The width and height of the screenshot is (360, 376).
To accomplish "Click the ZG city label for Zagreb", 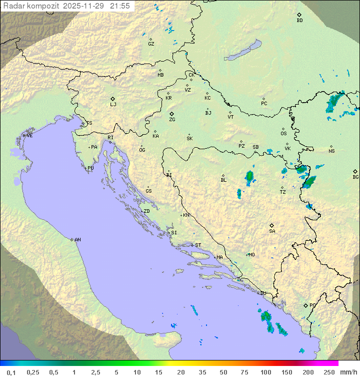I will point(172,120).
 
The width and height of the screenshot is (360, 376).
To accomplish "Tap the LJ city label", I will point(113,105).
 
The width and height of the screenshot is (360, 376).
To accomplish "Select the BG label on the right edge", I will point(355,177).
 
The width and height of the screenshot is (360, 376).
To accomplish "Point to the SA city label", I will point(272,231).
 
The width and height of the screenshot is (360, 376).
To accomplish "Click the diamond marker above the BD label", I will point(299,15).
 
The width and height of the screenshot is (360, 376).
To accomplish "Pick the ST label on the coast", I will point(198,245).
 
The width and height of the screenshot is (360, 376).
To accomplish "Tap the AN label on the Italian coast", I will point(77,240).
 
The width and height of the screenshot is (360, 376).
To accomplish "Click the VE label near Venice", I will point(29,136).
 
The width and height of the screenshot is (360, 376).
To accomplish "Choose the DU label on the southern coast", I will point(262,293).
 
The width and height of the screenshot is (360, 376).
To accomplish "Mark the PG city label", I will point(312,305).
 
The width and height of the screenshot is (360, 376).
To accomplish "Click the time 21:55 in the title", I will point(120,6).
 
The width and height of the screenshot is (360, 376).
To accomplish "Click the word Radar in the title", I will point(13,6).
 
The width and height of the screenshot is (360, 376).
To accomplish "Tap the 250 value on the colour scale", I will point(329,372).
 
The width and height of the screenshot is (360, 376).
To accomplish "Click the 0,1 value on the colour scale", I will point(11,372).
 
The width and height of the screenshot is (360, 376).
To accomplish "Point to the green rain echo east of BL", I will point(249,176).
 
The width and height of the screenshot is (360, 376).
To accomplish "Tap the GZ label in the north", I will point(151,44).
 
